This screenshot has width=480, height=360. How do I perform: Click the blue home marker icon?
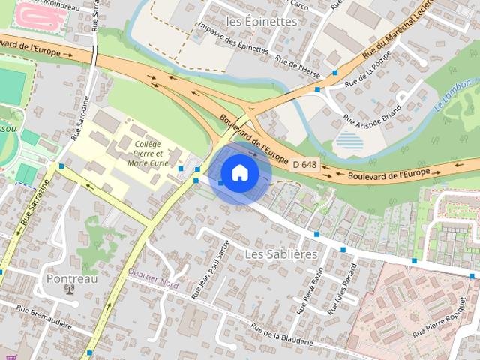point(239,172)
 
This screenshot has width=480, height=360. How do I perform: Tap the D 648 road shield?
point(304,164)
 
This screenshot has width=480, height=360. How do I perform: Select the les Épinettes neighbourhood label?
point(261,22)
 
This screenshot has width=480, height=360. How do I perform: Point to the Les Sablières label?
point(281,254)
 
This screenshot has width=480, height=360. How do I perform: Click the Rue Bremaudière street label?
point(44,314)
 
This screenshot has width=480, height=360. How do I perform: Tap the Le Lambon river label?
point(454,95)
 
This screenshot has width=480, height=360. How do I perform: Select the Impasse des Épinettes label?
point(232,38)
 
